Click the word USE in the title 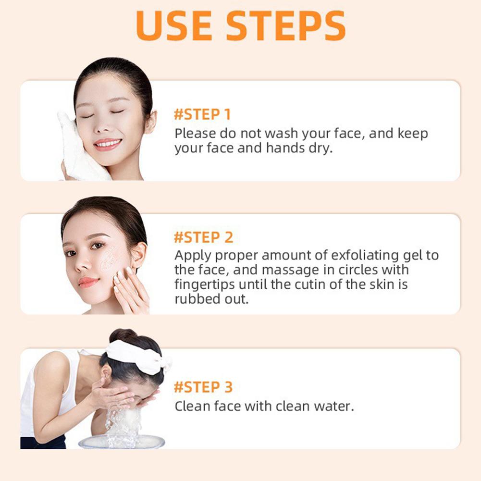click(174, 26)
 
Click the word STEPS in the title click(286, 26)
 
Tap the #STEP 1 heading click(202, 114)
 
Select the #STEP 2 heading click(203, 237)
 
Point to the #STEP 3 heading click(203, 387)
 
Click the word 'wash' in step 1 click(281, 134)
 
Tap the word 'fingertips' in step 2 click(205, 284)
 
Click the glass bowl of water click(122, 441)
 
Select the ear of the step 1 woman click(150, 122)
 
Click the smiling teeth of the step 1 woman click(108, 143)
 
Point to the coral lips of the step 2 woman click(88, 282)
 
